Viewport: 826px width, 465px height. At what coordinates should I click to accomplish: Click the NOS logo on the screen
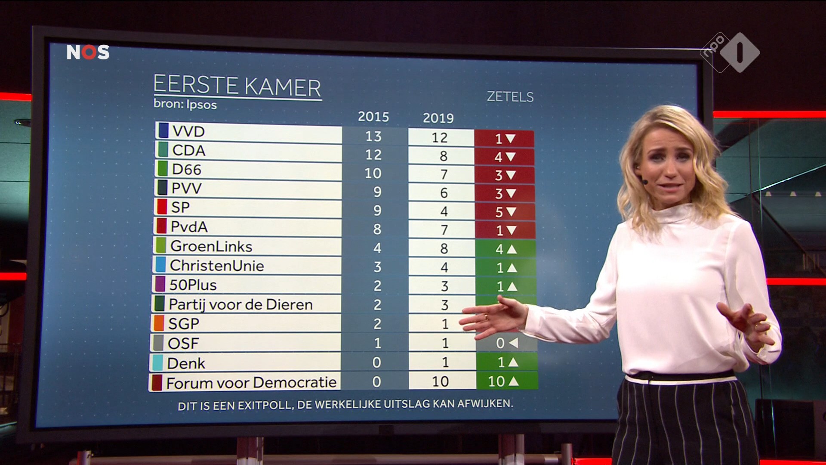coord(88,52)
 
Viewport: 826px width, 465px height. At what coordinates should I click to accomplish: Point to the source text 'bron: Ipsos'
coord(185,105)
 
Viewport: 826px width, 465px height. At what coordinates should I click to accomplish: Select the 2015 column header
coord(373,117)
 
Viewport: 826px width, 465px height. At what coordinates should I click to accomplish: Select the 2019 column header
coord(438,118)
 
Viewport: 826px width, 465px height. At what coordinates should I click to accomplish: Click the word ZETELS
coord(510,97)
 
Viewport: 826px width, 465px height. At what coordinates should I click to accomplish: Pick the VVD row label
coord(188,131)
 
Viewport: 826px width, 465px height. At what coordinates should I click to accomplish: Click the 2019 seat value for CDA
coord(443,156)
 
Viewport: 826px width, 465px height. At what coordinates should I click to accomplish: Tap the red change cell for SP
coord(505,212)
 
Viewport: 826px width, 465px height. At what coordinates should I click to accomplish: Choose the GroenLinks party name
coord(211,246)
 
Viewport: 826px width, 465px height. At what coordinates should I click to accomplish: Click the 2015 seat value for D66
coord(373,174)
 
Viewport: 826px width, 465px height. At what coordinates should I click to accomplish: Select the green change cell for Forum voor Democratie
coord(506,381)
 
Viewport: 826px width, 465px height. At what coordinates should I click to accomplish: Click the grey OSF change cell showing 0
coord(507,343)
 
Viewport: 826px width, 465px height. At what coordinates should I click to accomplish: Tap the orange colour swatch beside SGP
coord(159,323)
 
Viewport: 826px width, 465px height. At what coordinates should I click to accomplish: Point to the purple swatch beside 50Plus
coord(160,285)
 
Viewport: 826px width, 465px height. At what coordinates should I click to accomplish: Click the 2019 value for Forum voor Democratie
coord(440,381)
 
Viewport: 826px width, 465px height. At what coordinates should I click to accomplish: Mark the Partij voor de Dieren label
coord(240,304)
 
